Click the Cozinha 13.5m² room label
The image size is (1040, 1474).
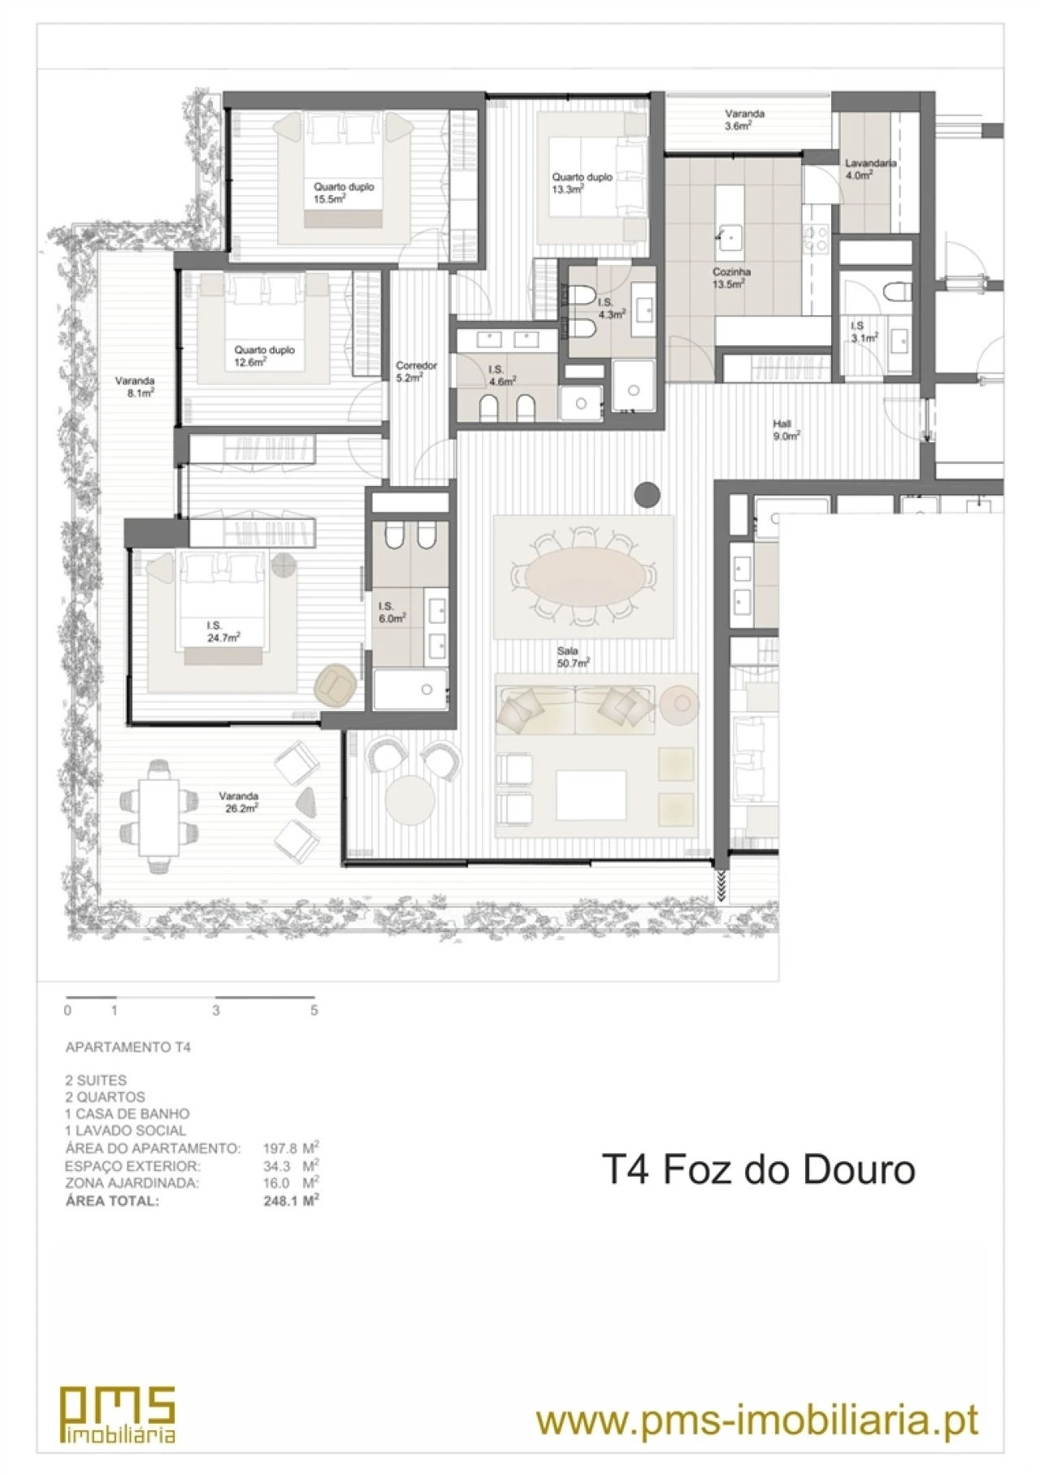[731, 278]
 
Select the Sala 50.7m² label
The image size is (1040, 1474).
[573, 657]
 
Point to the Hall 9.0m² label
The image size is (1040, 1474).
[786, 429]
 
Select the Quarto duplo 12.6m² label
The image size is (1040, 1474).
[264, 356]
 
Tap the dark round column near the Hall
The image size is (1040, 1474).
[646, 494]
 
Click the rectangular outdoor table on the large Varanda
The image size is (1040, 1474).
[159, 817]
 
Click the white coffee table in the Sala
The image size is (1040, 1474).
[591, 794]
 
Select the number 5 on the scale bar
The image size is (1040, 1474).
[314, 1011]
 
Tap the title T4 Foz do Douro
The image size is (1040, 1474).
[758, 1169]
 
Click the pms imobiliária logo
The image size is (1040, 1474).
[119, 1414]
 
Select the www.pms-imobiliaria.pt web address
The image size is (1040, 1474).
[757, 1421]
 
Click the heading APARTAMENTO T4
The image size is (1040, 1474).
[128, 1047]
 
